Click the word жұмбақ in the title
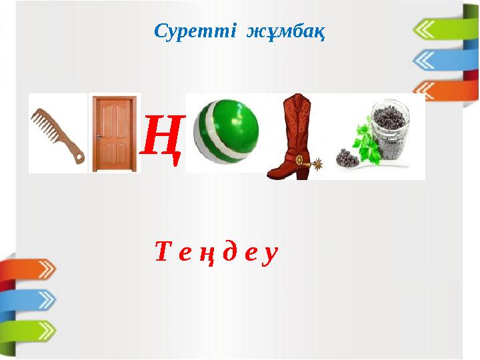tap(286, 31)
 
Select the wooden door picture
tap(115, 133)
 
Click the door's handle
tap(98, 137)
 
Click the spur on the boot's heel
tap(317, 161)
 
